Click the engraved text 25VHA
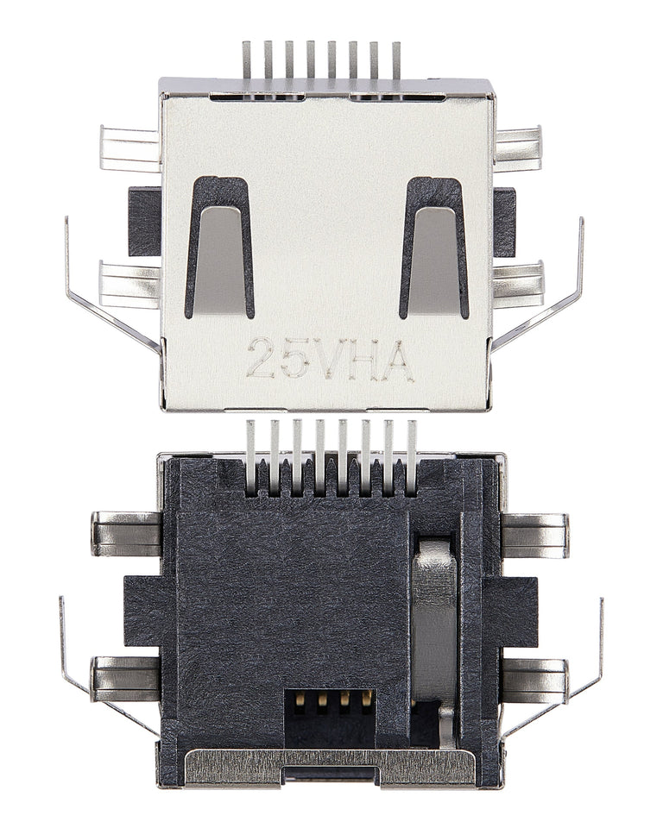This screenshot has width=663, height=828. (330, 359)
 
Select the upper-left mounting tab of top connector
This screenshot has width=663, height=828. (129, 147)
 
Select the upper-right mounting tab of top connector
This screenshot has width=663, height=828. (518, 147)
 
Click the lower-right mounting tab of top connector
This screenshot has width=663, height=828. (519, 284)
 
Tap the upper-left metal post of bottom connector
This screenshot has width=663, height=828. (126, 534)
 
